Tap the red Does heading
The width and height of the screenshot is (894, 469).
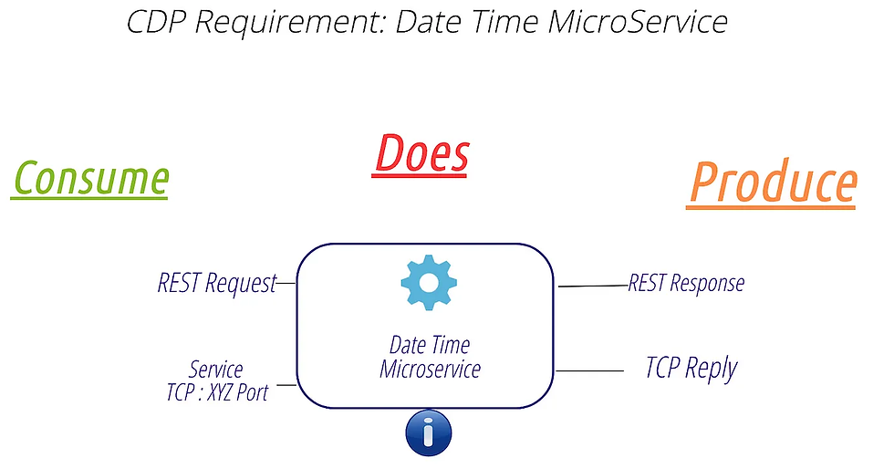click(421, 153)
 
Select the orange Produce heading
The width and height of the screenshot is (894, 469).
click(771, 183)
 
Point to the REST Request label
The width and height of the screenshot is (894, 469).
click(216, 284)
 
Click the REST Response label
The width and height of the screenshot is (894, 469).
click(686, 283)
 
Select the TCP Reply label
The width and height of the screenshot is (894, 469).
click(691, 369)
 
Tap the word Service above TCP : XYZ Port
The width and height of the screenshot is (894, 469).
click(216, 370)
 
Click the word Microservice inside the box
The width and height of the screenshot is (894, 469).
click(430, 370)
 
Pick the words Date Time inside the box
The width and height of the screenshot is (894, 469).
click(430, 346)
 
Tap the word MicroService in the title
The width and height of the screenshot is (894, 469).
click(639, 21)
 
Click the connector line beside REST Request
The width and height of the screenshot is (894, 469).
click(286, 284)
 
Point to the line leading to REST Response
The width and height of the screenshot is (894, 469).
click(593, 286)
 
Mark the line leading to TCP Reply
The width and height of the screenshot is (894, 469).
click(589, 371)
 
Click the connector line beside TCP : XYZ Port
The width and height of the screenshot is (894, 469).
click(286, 385)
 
